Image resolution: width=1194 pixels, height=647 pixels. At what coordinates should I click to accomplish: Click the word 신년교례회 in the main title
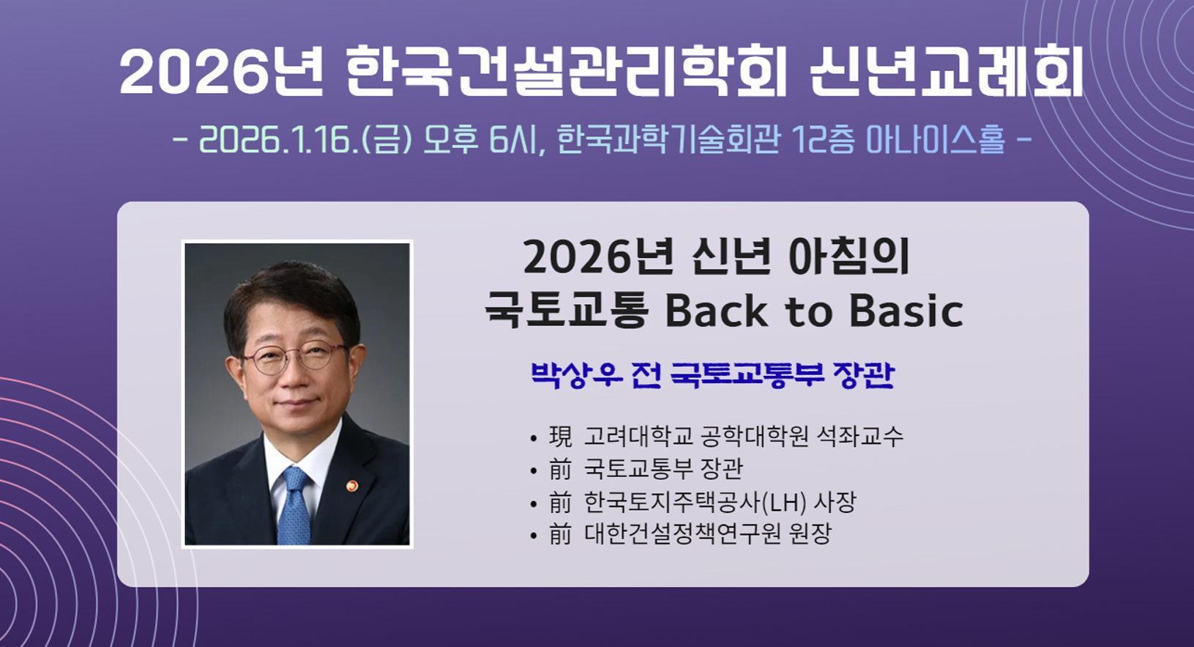(x=946, y=71)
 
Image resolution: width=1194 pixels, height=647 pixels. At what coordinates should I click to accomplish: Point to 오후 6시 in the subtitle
(x=480, y=140)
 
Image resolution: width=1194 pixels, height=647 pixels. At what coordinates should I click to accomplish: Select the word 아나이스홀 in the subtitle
(x=936, y=140)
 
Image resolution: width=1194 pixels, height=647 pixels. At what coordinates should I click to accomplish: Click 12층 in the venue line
(x=824, y=140)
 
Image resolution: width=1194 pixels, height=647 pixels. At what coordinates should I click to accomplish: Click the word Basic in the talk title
(x=907, y=311)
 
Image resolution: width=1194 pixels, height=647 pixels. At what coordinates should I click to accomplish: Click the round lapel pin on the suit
(x=352, y=486)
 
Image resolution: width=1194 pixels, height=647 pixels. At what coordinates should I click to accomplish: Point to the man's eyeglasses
(x=296, y=357)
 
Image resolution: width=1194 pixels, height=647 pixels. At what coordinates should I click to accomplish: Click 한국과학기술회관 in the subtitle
(x=669, y=140)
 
